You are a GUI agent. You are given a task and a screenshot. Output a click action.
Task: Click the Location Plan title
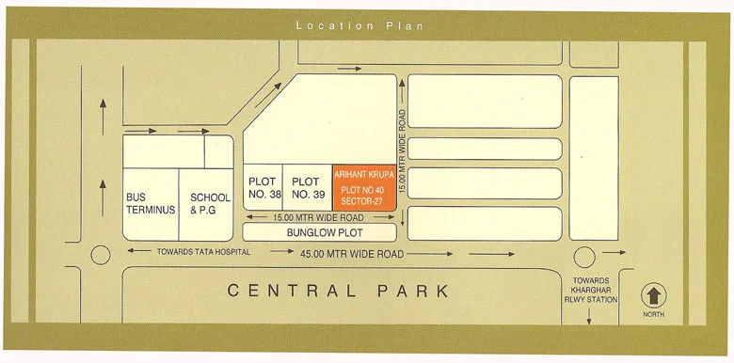pos(359,25)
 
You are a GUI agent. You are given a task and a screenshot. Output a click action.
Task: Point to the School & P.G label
pos(210,203)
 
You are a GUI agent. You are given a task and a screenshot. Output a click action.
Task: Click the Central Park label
pos(338,291)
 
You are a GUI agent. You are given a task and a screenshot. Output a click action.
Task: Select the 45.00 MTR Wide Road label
pos(354,254)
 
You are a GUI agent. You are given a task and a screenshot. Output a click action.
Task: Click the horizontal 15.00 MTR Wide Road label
pos(317,217)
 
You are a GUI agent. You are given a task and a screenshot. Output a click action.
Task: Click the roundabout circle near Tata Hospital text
pos(100,255)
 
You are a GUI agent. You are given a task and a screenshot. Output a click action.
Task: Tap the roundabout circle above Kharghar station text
pos(585,254)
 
